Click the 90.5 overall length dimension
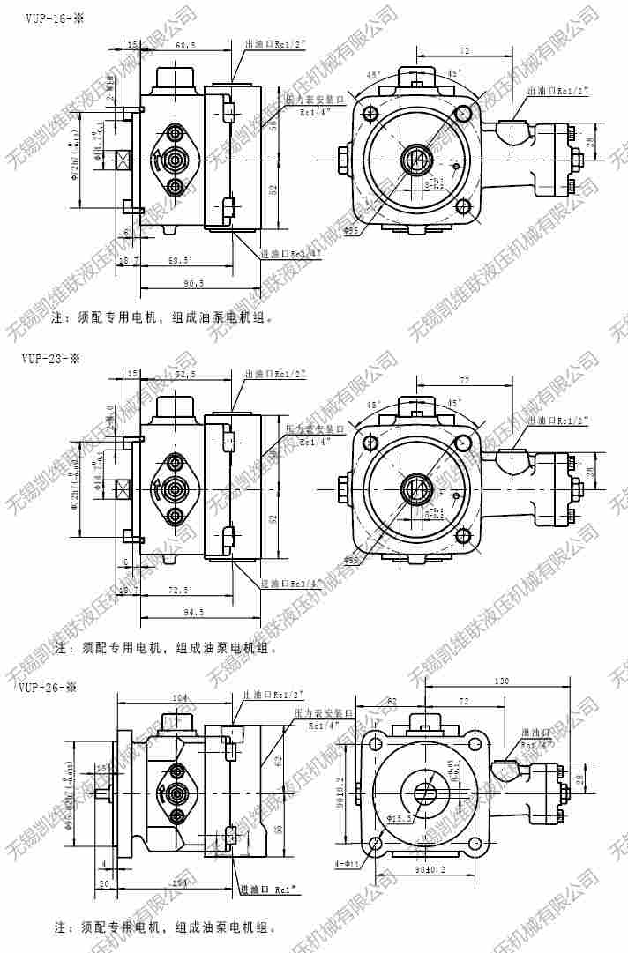pyautogui.click(x=193, y=283)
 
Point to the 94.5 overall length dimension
pyautogui.click(x=193, y=611)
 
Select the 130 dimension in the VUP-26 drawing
pyautogui.click(x=502, y=681)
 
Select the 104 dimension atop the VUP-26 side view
pyautogui.click(x=181, y=697)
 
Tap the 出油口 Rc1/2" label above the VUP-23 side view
pyautogui.click(x=275, y=373)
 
